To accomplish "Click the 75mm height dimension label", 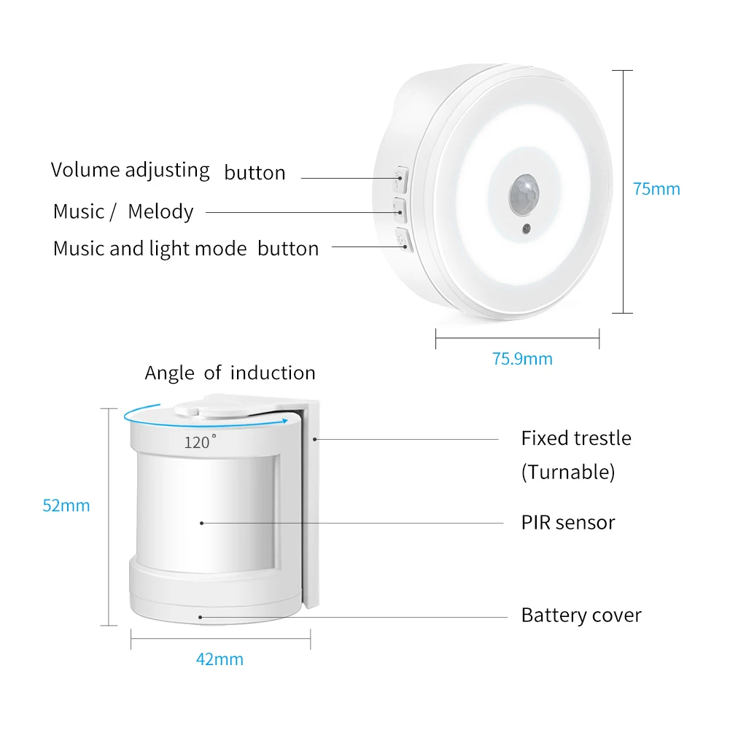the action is click(x=656, y=189).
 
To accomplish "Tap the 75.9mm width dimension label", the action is click(x=522, y=359).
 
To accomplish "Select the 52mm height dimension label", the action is click(x=66, y=505).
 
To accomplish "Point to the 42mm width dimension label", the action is click(x=220, y=659).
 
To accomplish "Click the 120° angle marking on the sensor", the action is click(x=201, y=441).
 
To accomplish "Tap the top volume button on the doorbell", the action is click(x=401, y=179).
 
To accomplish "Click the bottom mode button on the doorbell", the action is click(x=403, y=240).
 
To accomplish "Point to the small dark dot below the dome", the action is click(x=527, y=228).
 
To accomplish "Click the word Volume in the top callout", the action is click(x=85, y=169).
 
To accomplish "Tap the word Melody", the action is click(x=160, y=211).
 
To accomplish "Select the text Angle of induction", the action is click(x=230, y=373).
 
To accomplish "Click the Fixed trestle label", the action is click(x=576, y=438).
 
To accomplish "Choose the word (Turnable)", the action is click(x=568, y=472).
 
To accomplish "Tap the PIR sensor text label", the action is click(x=568, y=522).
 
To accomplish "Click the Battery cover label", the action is click(x=581, y=615).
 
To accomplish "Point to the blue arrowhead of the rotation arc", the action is click(x=284, y=422).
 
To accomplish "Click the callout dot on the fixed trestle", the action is click(x=315, y=439).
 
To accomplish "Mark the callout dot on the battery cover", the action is click(x=201, y=618).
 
